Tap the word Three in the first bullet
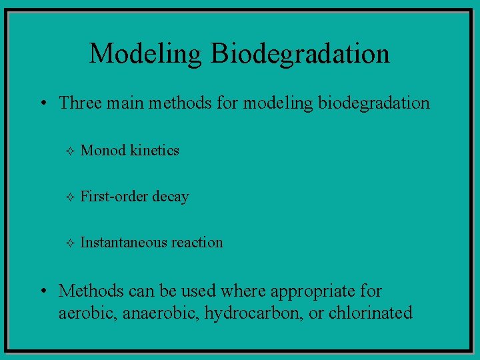click(x=77, y=103)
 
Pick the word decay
click(x=170, y=197)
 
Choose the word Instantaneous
click(x=123, y=243)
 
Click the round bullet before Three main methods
click(x=42, y=103)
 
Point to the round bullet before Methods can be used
click(x=42, y=291)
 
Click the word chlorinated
click(x=371, y=313)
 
